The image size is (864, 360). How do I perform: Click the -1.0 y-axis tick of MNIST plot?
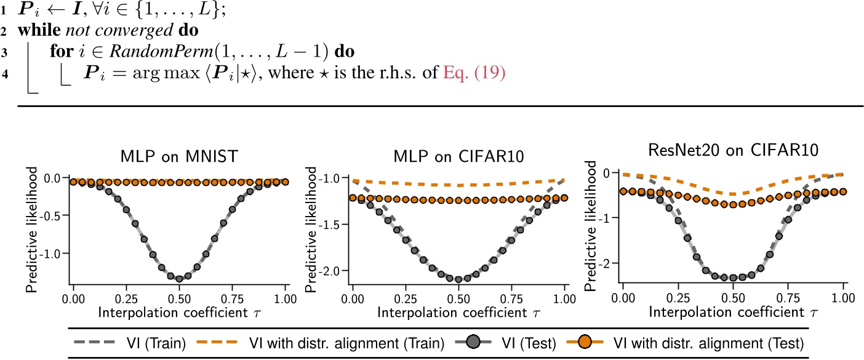[x=54, y=253]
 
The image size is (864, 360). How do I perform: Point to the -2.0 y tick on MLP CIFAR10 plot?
[x=332, y=271]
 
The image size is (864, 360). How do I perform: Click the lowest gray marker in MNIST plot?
[x=179, y=279]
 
